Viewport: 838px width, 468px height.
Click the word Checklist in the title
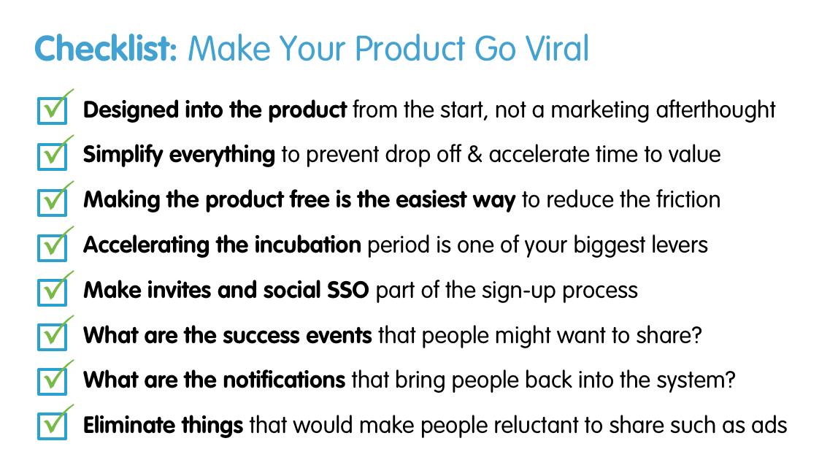[x=105, y=48]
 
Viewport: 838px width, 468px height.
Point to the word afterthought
[x=715, y=110]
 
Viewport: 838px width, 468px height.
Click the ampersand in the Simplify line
[x=474, y=155]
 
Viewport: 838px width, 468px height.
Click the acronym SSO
[x=348, y=290]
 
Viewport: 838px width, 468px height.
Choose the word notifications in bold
[x=284, y=380]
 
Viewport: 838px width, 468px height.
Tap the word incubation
[x=307, y=245]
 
